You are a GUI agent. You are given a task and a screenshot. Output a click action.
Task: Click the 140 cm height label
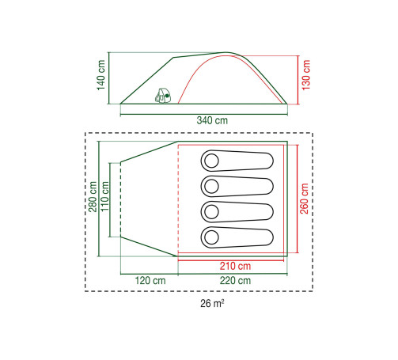click(x=101, y=75)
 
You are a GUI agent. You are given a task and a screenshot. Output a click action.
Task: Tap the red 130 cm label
click(x=306, y=75)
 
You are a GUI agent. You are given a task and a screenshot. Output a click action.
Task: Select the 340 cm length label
click(x=212, y=120)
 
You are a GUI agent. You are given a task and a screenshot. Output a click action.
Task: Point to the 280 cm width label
click(x=93, y=197)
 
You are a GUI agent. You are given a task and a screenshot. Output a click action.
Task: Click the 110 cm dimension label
click(x=104, y=196)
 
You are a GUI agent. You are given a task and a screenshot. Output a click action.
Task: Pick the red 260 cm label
click(x=304, y=199)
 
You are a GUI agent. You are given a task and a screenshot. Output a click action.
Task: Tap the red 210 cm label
click(x=235, y=266)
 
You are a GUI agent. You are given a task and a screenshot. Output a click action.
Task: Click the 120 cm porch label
click(x=150, y=280)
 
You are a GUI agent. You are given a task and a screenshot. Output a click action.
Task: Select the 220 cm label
click(x=235, y=280)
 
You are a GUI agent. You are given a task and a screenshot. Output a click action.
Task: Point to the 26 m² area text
click(x=212, y=303)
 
